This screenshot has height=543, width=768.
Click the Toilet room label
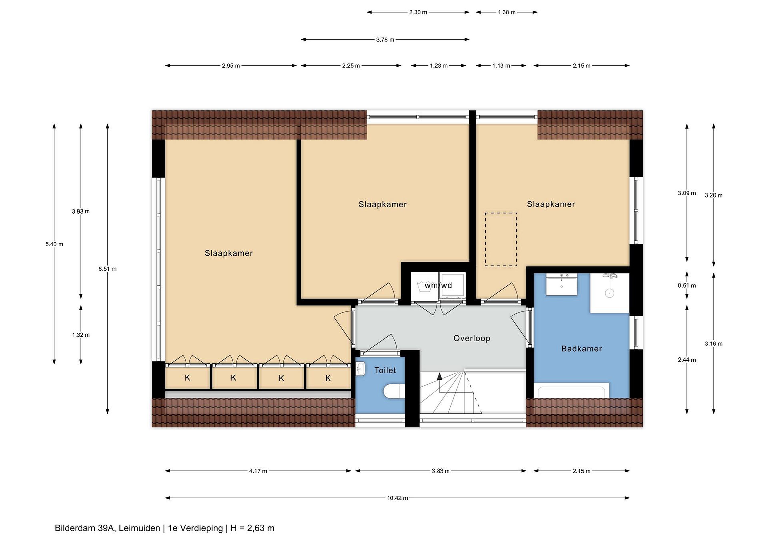[x=385, y=371]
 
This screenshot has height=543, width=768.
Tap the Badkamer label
[x=582, y=349]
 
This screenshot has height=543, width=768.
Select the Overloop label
[x=472, y=338]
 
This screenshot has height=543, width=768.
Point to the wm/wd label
[x=438, y=285]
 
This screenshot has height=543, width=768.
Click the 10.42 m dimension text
[x=398, y=498]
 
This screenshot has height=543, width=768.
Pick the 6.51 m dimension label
[x=107, y=269]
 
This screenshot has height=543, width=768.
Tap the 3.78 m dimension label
[x=385, y=40]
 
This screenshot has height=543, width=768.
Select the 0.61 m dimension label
[x=687, y=285]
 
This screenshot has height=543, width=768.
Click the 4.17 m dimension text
[x=258, y=471]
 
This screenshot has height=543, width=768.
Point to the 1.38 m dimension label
[x=507, y=12]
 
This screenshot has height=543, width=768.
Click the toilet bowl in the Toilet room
[x=394, y=392]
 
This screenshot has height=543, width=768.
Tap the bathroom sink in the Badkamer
[x=562, y=284]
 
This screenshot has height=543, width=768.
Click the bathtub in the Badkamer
[x=571, y=391]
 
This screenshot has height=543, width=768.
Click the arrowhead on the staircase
[x=439, y=376]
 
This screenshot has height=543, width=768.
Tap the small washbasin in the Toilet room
[x=360, y=369]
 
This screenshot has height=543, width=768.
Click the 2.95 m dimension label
[x=231, y=66]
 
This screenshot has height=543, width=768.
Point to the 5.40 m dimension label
[x=54, y=244]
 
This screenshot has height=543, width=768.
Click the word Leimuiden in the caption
[x=139, y=528]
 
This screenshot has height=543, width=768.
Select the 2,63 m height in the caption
[x=261, y=528]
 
